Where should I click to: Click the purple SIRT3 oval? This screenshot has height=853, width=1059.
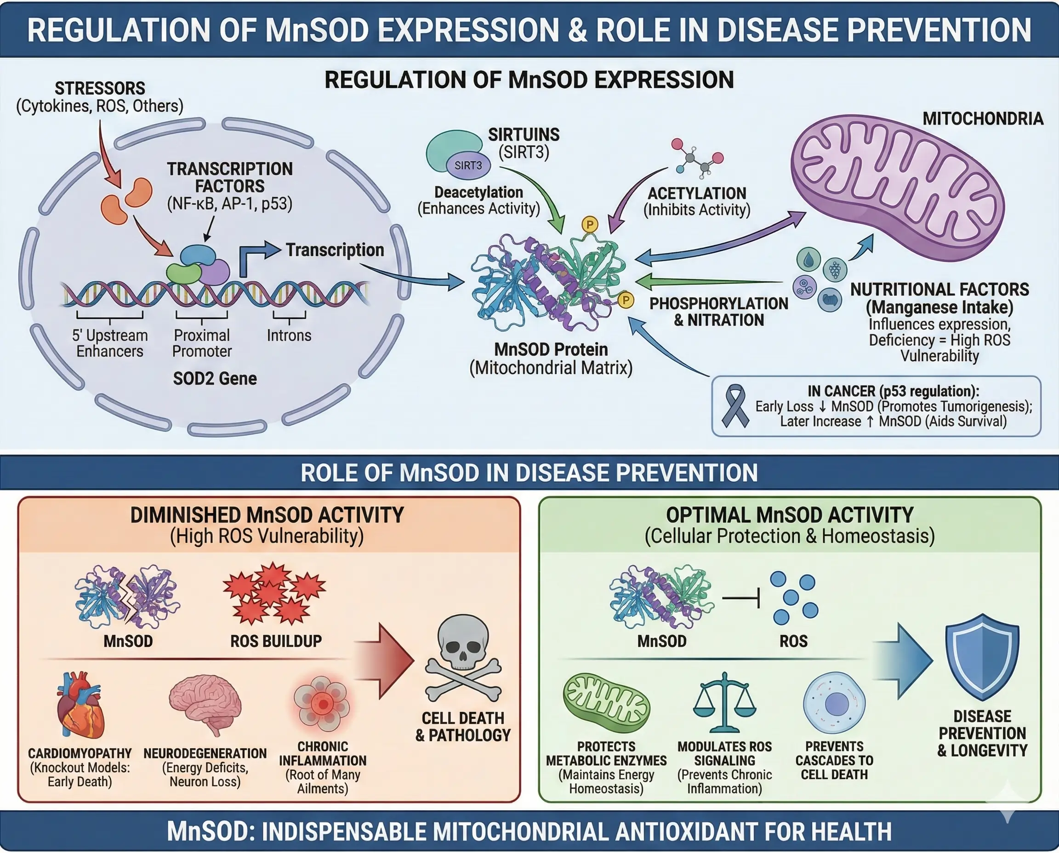tap(468, 165)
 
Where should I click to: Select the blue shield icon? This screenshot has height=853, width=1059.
tap(982, 657)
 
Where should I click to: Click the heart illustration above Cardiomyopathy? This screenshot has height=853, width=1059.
tap(80, 706)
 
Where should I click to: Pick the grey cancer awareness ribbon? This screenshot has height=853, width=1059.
tap(735, 406)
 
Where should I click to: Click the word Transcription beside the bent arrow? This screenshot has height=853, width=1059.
tap(335, 250)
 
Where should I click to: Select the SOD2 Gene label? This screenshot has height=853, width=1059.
tap(215, 378)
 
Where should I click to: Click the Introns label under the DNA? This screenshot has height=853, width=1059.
tap(289, 336)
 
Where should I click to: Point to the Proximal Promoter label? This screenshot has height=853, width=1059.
tap(202, 343)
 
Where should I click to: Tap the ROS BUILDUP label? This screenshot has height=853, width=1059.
tap(276, 641)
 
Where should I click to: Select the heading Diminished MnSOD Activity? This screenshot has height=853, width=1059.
tap(267, 515)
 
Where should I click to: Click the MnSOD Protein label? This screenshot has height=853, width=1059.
tap(551, 349)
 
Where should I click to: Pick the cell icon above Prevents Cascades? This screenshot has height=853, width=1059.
tap(834, 703)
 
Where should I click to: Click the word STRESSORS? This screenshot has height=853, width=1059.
tap(100, 88)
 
